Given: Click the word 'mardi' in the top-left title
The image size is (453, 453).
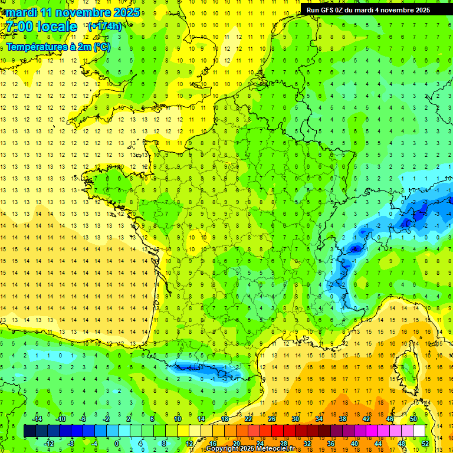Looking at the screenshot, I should click(x=22, y=12).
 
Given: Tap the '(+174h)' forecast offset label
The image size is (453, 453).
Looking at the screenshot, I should click(x=104, y=26).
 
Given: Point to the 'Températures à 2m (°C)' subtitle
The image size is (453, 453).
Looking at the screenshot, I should click(x=58, y=47).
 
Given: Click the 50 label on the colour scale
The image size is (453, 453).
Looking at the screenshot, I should click(x=413, y=418).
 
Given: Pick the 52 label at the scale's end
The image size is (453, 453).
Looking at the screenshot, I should click(x=425, y=444).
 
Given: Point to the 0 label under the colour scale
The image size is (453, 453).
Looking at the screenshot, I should click(x=117, y=444).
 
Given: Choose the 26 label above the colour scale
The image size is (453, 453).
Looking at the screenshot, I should click(x=272, y=418).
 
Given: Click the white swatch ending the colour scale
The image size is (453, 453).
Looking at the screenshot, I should click(x=419, y=431).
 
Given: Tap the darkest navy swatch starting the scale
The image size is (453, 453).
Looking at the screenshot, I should click(x=29, y=431).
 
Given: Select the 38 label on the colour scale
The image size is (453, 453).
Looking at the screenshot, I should click(x=343, y=418).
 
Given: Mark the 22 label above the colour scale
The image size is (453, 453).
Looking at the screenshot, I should click(x=248, y=418).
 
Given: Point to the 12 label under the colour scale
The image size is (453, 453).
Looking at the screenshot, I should click(x=189, y=444).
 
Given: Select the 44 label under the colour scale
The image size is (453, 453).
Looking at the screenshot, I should click(x=378, y=444).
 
